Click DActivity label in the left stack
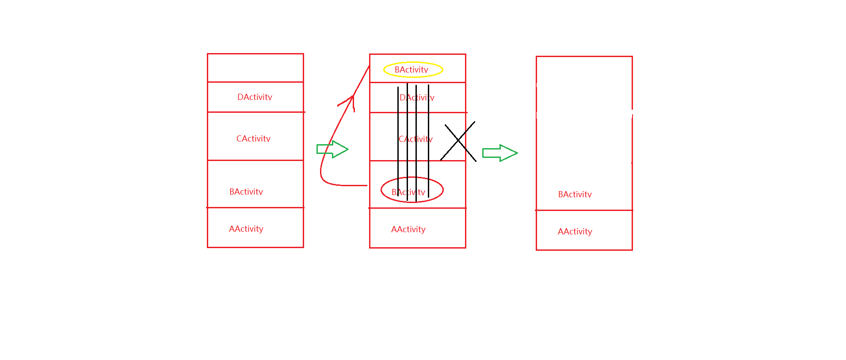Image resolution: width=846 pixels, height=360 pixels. (255, 97)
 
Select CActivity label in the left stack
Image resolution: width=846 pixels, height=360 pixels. (253, 138)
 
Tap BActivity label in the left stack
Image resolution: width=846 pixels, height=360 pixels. (246, 191)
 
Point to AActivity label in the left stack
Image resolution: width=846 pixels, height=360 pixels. (246, 229)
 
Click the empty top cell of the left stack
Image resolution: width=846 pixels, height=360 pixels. (255, 68)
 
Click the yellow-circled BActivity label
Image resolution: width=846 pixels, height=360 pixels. (412, 69)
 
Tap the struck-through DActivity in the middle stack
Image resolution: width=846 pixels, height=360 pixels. (417, 97)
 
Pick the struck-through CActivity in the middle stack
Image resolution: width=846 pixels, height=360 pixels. (415, 139)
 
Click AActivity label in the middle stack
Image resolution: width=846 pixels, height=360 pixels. (408, 229)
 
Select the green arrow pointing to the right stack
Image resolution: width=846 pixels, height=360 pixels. (499, 153)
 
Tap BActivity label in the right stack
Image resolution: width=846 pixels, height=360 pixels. (575, 194)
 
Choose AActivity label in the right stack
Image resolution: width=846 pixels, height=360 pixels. (575, 231)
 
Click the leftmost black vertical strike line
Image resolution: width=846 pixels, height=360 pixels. (398, 142)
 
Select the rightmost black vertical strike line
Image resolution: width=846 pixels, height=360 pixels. (428, 142)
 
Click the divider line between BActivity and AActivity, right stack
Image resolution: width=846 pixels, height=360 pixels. (584, 210)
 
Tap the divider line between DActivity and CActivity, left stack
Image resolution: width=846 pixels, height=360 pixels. (255, 112)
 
